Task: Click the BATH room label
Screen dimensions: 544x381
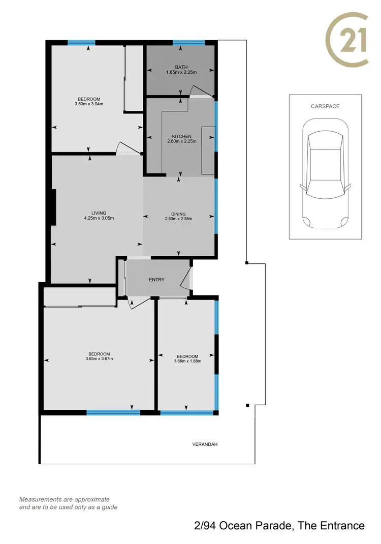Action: pos(181,67)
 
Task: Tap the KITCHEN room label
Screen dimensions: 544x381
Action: pos(181,136)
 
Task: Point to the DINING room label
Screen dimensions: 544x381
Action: pos(178,214)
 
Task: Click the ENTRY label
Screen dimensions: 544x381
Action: pos(156,280)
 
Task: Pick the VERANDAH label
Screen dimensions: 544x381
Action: pos(205,444)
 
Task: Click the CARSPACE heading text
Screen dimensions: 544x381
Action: pos(325,106)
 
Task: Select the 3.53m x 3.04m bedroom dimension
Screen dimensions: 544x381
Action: pos(89,104)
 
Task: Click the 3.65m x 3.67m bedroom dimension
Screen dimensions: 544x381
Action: pos(99,359)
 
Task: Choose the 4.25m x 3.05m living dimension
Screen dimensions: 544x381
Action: pos(99,219)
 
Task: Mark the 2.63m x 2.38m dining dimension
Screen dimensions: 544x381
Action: pos(178,219)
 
